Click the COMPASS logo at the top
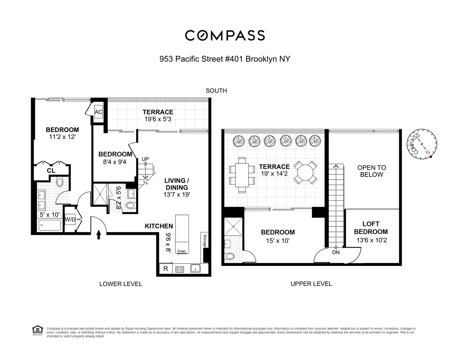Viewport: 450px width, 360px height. (x=225, y=35)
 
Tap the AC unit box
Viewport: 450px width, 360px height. (x=99, y=112)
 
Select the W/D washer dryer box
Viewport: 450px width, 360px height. (x=70, y=219)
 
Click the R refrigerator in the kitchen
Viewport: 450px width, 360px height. (x=165, y=268)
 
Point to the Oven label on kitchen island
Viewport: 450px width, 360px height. (x=181, y=251)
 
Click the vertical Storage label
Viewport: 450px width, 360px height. (x=205, y=240)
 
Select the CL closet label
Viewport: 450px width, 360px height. (x=51, y=171)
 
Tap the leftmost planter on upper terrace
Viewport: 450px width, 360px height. (x=239, y=141)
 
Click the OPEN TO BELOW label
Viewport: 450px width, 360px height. (x=371, y=171)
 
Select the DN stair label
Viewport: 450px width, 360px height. (x=336, y=252)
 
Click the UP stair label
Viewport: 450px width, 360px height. (x=145, y=159)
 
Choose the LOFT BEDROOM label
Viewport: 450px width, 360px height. (x=370, y=228)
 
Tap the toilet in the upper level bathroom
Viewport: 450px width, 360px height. (x=229, y=256)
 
